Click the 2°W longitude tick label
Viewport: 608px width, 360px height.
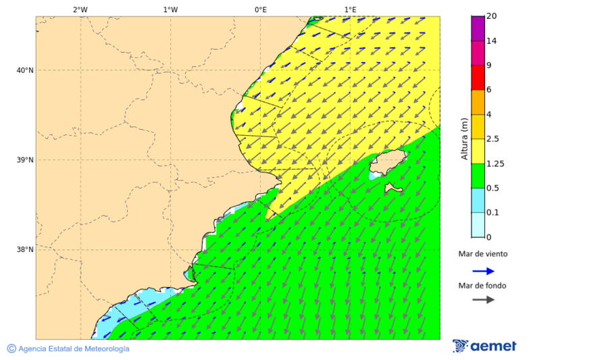(x=80, y=9)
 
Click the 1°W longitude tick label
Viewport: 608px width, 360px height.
(x=170, y=9)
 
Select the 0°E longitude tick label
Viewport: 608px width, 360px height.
(x=260, y=9)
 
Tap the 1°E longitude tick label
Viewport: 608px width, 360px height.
(x=351, y=9)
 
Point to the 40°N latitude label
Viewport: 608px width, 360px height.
(x=25, y=70)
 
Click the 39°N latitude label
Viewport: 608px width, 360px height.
(x=25, y=160)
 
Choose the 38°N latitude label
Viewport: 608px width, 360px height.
(x=25, y=250)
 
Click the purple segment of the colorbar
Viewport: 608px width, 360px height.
(x=478, y=28)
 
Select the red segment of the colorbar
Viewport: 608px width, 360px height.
(x=478, y=77)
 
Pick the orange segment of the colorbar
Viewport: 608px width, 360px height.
(x=478, y=102)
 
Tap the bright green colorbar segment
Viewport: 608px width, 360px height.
(x=478, y=176)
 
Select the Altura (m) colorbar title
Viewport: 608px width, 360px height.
(x=464, y=138)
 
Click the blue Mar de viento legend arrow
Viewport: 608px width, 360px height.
(x=483, y=271)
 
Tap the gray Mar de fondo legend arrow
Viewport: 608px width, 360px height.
(x=483, y=300)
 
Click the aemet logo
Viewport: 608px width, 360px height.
(x=484, y=346)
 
